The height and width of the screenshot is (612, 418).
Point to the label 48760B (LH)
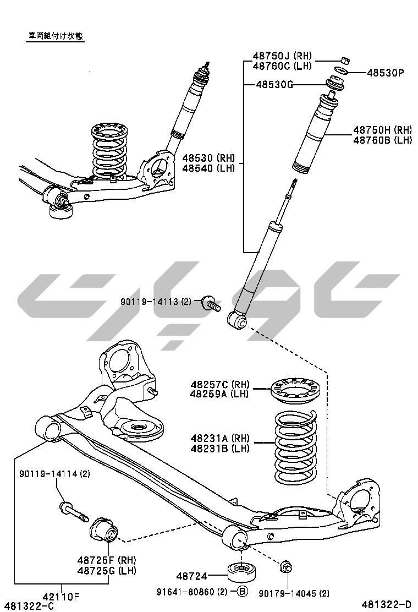point(382,140)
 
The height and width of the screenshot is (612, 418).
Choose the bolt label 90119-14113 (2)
point(156,302)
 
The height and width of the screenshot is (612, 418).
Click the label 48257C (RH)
point(220,384)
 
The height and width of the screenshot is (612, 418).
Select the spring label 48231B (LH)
point(220,449)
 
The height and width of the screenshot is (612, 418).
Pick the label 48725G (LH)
point(107,570)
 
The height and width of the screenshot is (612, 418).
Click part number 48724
point(192,576)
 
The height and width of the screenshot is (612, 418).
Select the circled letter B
point(243,592)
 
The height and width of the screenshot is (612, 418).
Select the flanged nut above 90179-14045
point(286,566)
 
